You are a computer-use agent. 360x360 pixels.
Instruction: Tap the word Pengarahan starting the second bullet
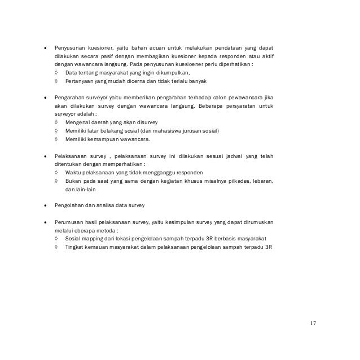click(69, 97)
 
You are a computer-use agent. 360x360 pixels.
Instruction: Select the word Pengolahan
click(69, 205)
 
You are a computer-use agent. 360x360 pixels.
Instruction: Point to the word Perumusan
click(69, 222)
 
